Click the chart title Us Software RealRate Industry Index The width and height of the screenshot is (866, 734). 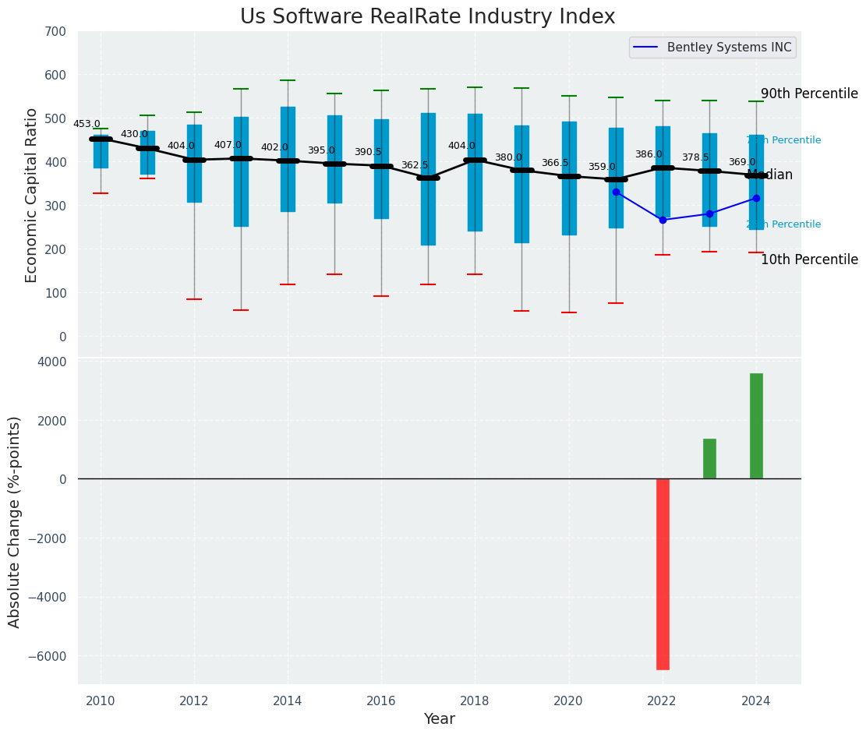click(x=427, y=17)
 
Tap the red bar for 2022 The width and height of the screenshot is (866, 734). click(x=663, y=573)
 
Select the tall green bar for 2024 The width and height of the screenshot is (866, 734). click(x=756, y=425)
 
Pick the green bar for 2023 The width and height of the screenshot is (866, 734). click(x=709, y=458)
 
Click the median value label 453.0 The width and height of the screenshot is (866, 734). click(x=87, y=124)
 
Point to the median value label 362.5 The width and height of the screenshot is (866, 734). click(x=415, y=165)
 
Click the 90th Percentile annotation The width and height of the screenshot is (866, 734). click(x=809, y=94)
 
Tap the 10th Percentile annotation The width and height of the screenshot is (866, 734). click(x=809, y=259)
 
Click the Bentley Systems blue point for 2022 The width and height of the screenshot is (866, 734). click(x=663, y=220)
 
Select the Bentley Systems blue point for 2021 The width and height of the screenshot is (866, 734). click(x=616, y=192)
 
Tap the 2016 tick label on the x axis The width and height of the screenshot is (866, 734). click(x=381, y=700)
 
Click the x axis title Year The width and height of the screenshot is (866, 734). click(x=439, y=719)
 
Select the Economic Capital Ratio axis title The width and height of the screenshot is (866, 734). click(x=32, y=195)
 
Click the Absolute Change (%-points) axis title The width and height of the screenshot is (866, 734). click(x=15, y=521)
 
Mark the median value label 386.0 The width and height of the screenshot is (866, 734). click(x=649, y=154)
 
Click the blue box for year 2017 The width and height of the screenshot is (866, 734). click(x=428, y=179)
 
